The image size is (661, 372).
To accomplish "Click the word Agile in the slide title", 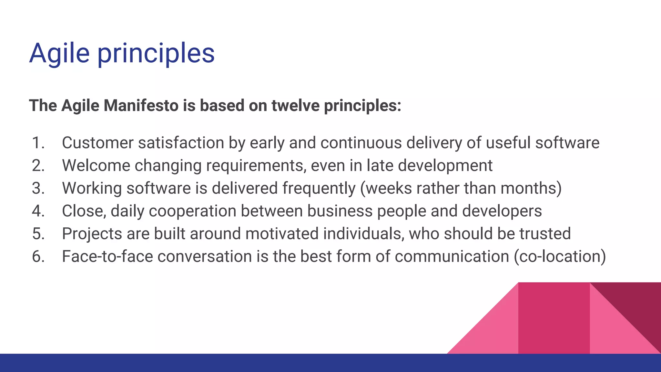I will (59, 53).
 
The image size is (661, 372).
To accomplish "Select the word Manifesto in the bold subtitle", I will (141, 106).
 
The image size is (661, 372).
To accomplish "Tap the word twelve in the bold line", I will (295, 106).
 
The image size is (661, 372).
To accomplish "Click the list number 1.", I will (38, 143).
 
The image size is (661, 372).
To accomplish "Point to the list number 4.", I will (38, 211).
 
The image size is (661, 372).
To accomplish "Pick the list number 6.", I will (38, 256).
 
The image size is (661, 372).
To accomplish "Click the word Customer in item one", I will (97, 143).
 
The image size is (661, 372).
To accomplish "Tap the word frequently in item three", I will (319, 188).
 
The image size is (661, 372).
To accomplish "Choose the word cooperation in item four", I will (192, 211).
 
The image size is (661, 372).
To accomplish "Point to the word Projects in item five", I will (92, 234).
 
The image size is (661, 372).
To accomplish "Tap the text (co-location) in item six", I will (560, 256).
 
